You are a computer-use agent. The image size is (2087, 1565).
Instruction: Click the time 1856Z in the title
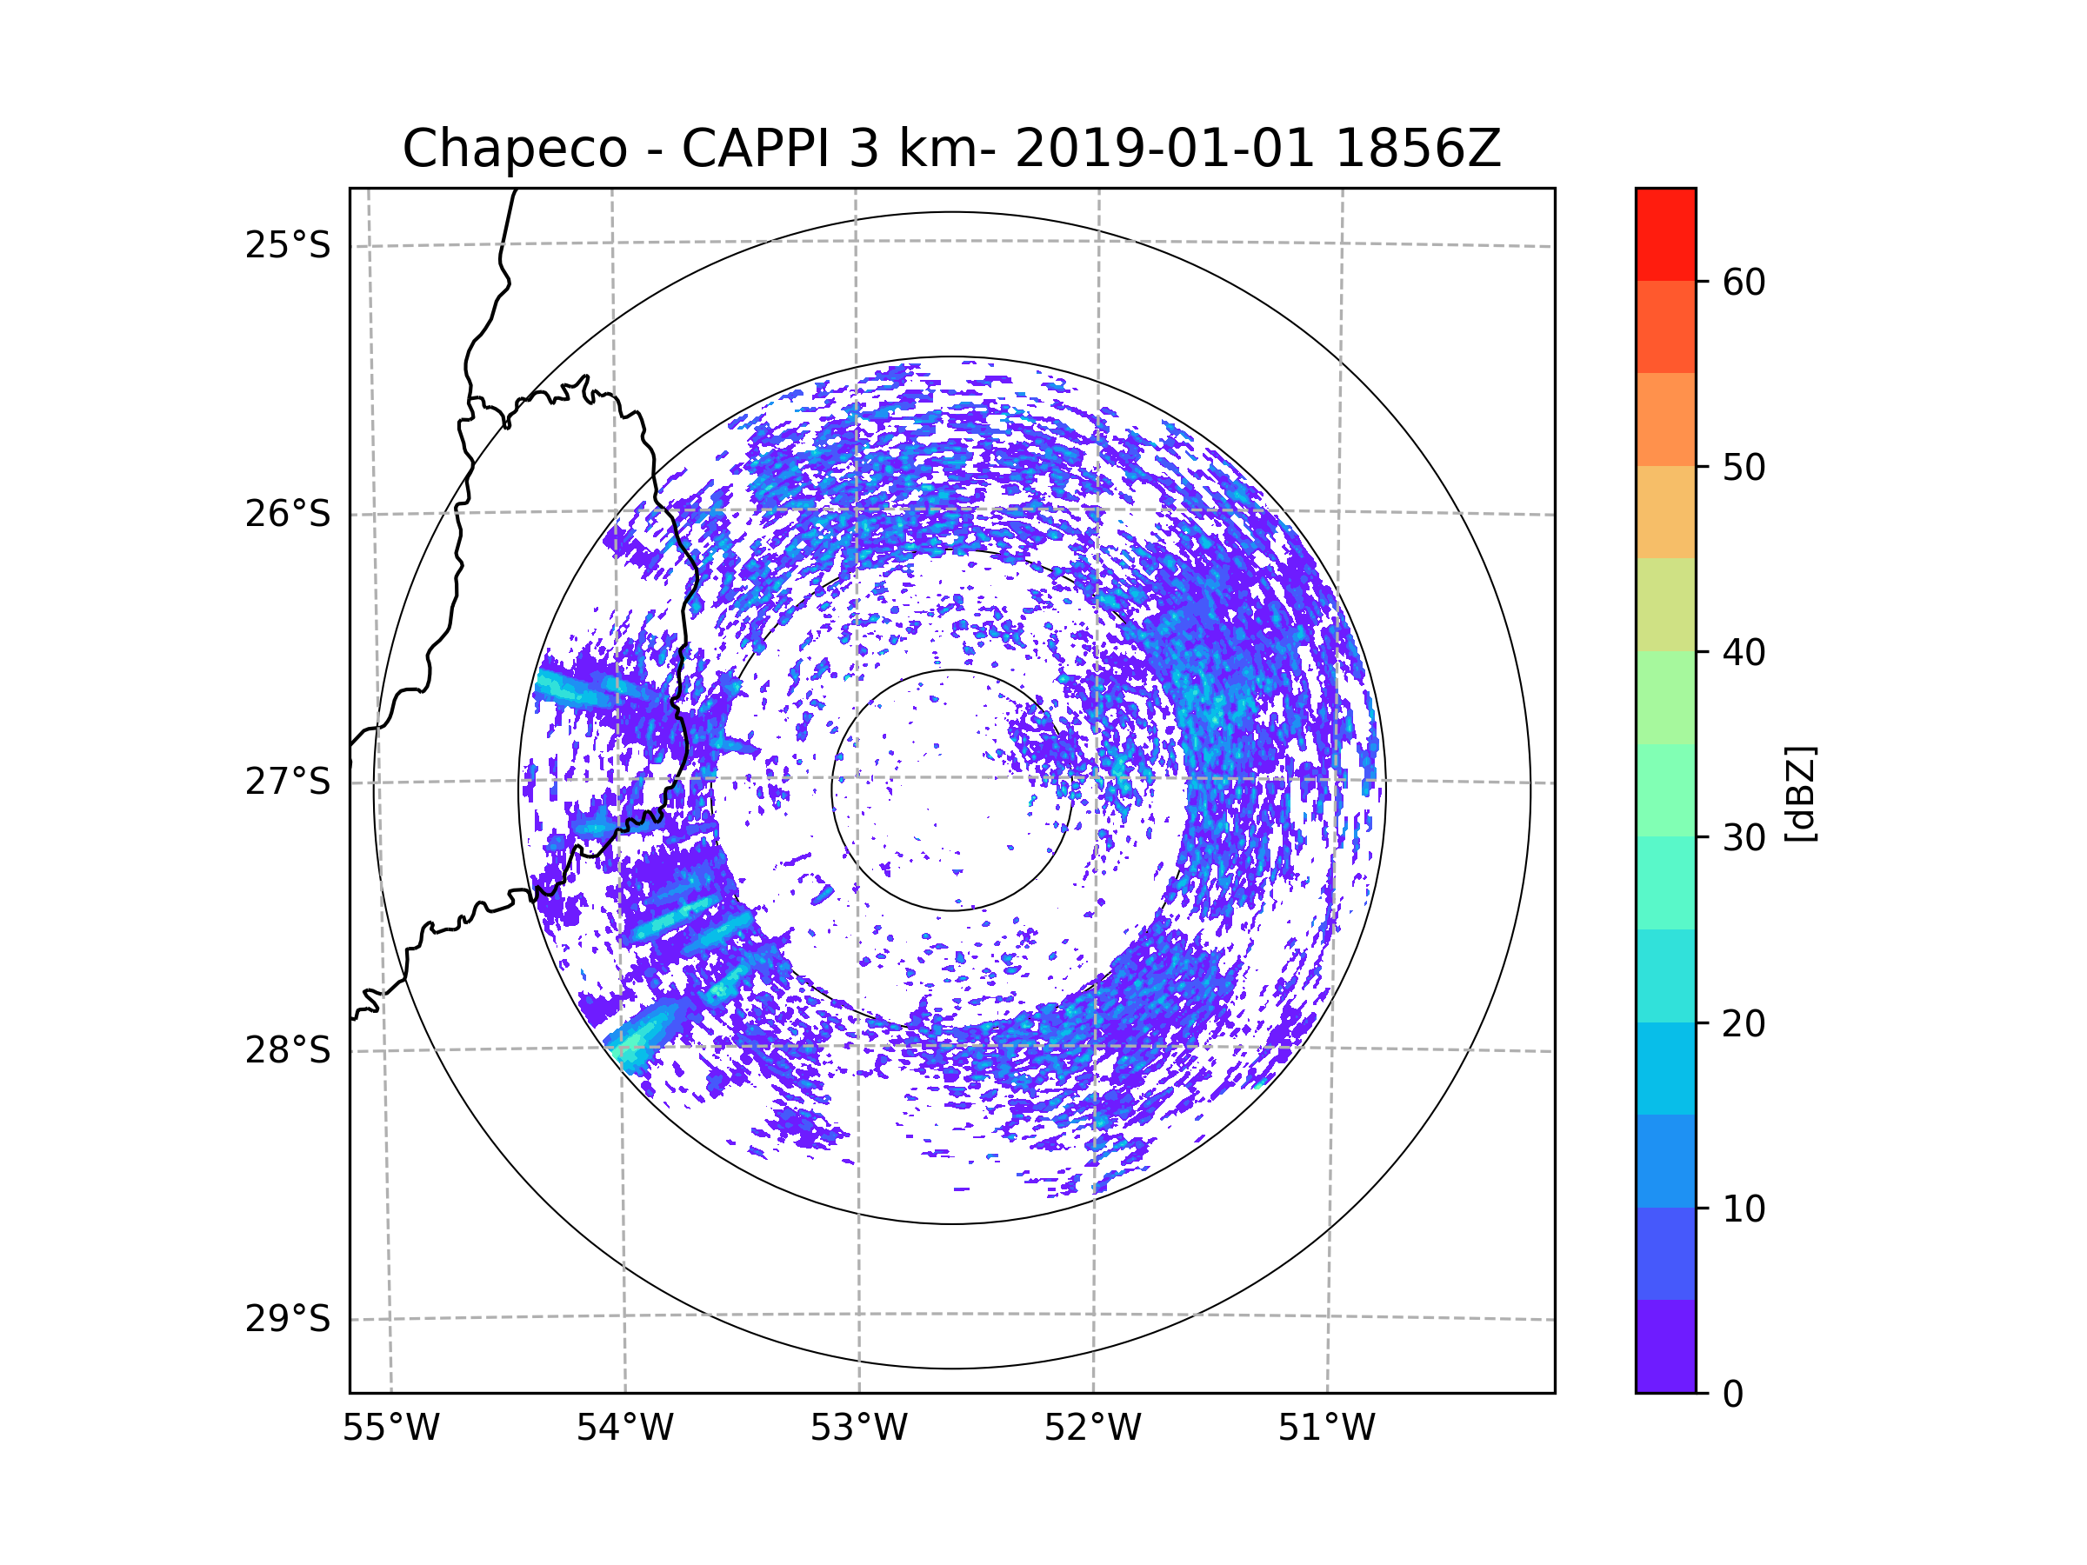[x=1417, y=148]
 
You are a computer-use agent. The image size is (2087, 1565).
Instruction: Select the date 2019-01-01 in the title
[x=1164, y=148]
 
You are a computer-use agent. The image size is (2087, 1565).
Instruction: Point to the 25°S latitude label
[x=288, y=246]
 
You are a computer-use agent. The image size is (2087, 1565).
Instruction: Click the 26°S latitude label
[x=288, y=515]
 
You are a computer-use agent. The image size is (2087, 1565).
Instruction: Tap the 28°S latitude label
[x=288, y=1051]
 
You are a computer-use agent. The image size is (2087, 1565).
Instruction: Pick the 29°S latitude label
[x=288, y=1320]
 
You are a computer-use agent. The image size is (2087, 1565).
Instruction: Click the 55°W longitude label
[x=390, y=1428]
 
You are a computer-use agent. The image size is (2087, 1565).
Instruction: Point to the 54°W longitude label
[x=624, y=1428]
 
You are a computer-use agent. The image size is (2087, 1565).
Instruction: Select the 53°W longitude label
[x=858, y=1428]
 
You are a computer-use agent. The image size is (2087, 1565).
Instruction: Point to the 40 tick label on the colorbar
[x=1744, y=653]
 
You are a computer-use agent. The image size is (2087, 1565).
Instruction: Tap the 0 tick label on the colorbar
[x=1733, y=1395]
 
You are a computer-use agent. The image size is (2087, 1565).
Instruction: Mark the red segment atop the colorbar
[x=1665, y=234]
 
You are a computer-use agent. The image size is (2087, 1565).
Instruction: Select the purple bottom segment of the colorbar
[x=1665, y=1346]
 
